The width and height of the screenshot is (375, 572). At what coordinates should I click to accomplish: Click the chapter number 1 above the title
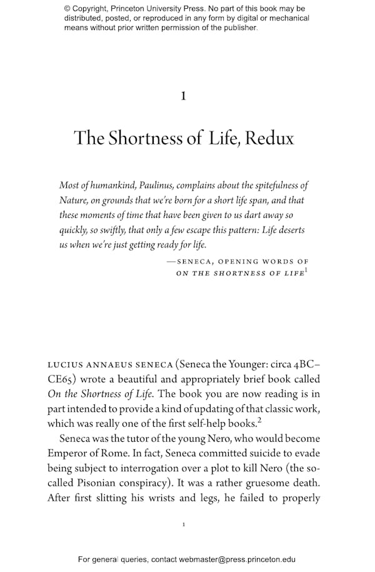pos(182,96)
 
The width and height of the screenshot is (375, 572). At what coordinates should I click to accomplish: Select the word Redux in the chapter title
pos(269,138)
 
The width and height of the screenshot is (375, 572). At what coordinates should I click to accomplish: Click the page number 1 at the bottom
pos(183,524)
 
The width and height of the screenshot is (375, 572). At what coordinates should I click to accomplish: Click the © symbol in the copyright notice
pos(68,9)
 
